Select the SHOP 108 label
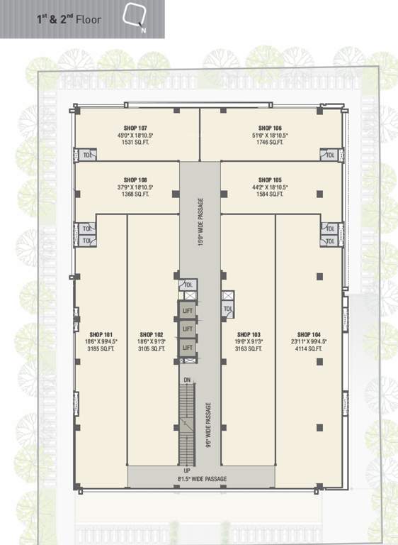(x=135, y=180)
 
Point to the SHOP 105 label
(x=271, y=180)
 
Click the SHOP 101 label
(x=101, y=334)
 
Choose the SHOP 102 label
(x=152, y=334)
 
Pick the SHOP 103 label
(x=249, y=334)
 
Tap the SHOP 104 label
(x=309, y=334)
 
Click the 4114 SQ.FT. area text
(x=309, y=349)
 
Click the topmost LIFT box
(x=187, y=311)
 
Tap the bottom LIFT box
(x=187, y=348)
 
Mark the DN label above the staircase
(x=187, y=381)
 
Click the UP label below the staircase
(x=187, y=470)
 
